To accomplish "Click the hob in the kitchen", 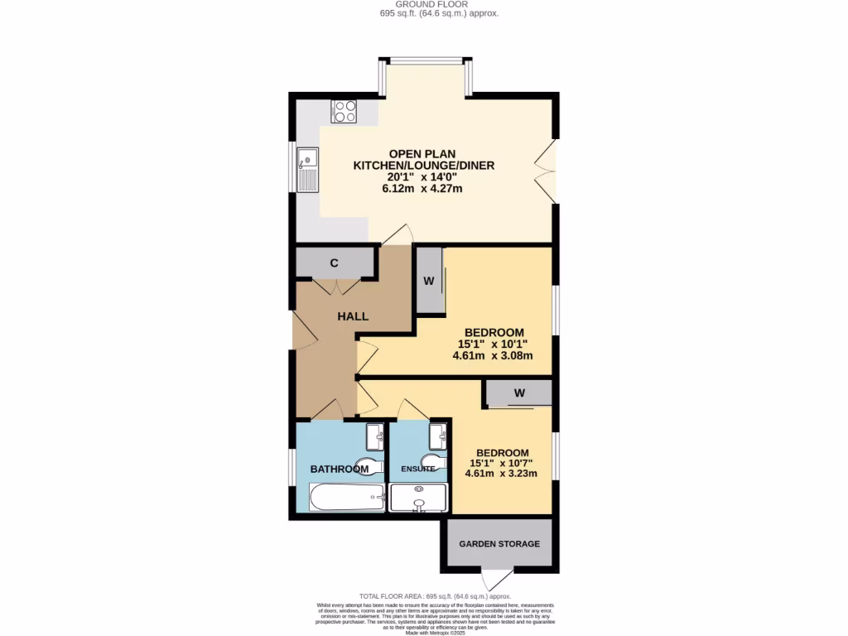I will tap(344, 111).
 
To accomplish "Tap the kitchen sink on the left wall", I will tap(307, 169).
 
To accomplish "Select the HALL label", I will tap(353, 316).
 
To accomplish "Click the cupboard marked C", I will tap(335, 263).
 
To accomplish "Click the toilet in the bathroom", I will tap(369, 467).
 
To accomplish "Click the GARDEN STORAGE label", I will tap(499, 544).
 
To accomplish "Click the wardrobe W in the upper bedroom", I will tap(429, 281).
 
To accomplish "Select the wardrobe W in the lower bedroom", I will tap(519, 393).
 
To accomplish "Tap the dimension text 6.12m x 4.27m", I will tap(422, 189).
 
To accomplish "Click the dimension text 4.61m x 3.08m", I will tap(492, 356).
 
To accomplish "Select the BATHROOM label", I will tap(339, 470).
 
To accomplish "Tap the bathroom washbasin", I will tap(374, 432).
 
